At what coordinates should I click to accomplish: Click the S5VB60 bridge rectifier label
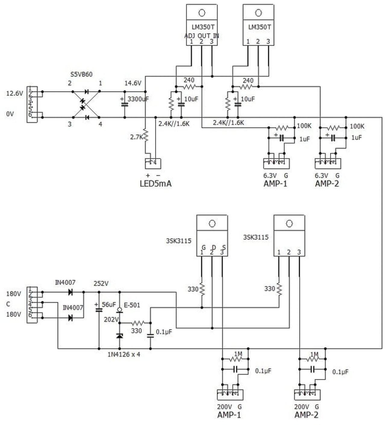coord(81,74)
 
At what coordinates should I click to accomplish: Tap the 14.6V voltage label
coord(133,83)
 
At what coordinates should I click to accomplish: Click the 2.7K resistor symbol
coord(146,136)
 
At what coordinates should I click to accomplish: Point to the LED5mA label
coord(156,184)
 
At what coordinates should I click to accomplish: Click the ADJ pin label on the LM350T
coord(190,36)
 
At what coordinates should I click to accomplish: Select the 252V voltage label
coord(101,284)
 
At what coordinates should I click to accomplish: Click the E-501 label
coord(132,305)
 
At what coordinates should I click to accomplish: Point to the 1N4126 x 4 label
coord(124,355)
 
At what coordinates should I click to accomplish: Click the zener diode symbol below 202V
coord(120,336)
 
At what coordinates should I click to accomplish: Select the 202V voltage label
coord(111,319)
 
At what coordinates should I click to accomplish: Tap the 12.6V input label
coord(14,94)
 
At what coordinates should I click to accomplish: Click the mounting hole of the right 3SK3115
coord(289,223)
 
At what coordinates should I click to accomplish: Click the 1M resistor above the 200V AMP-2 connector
coord(313,359)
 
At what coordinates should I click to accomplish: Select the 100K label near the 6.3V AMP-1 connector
coord(304,126)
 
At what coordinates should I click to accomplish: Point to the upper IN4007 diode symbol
coord(71,292)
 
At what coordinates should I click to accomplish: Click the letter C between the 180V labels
coord(8,304)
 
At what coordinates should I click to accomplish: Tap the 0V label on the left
coord(10,114)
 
